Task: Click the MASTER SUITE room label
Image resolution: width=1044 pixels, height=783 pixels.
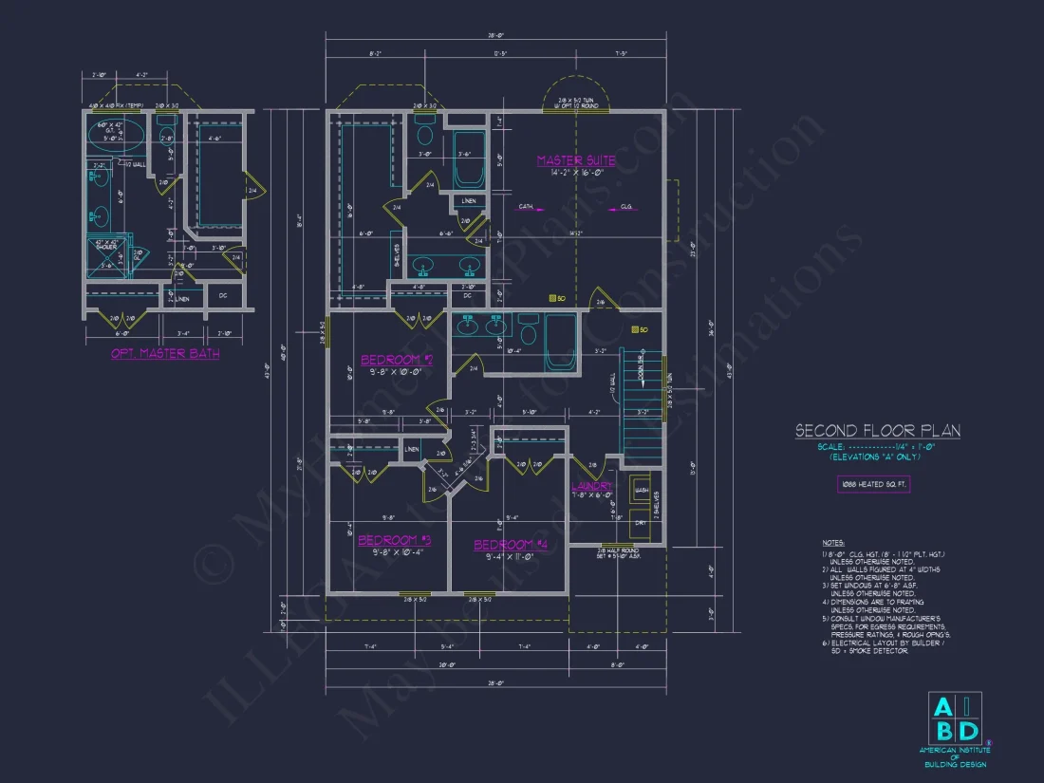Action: pos(575,160)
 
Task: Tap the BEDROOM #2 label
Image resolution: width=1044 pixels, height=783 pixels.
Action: pos(396,360)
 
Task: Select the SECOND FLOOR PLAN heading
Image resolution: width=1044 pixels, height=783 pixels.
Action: pos(877,431)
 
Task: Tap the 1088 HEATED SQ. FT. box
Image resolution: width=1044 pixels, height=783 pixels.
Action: pos(872,484)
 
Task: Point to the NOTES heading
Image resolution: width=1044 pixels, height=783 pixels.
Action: pos(831,543)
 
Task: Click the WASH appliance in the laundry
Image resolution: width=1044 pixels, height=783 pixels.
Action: pos(642,490)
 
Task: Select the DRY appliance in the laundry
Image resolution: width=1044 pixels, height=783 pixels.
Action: pos(642,521)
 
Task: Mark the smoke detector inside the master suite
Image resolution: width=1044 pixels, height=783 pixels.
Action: pos(552,298)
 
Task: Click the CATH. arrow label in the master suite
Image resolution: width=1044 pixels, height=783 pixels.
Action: pos(526,206)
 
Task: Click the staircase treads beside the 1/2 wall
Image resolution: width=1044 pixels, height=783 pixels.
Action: pos(642,399)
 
